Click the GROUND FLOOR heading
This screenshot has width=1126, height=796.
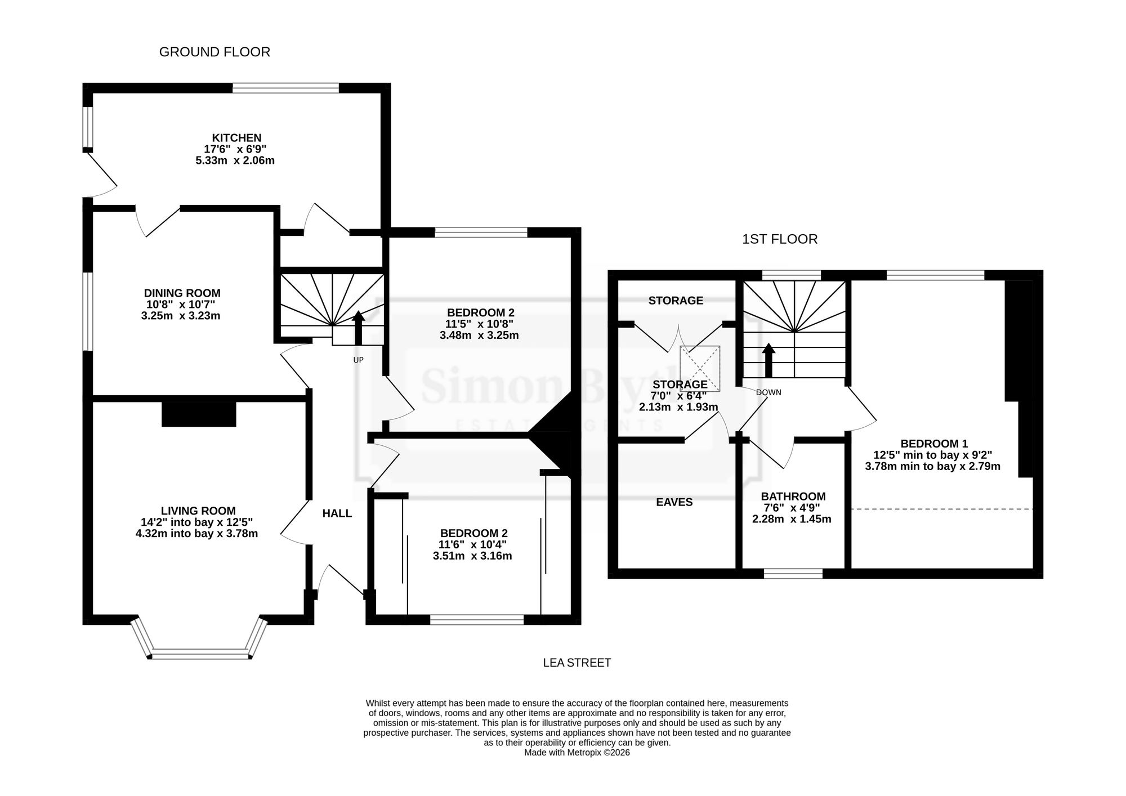(x=215, y=52)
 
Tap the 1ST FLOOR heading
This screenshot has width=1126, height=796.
(x=780, y=239)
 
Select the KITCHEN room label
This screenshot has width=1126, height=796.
(x=236, y=138)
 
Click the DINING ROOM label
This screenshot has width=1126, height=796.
(x=182, y=293)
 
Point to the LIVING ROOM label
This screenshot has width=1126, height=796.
(x=198, y=511)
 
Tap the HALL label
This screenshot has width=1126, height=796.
(x=337, y=513)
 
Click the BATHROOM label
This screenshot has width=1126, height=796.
(x=793, y=497)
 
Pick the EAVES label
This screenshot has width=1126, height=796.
(x=674, y=502)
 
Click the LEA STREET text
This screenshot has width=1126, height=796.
(x=577, y=663)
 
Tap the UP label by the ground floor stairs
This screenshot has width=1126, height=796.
(x=358, y=360)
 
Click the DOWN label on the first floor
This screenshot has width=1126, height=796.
(x=768, y=392)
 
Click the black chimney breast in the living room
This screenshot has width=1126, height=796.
(x=199, y=414)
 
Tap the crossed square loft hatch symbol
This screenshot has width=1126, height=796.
(x=700, y=368)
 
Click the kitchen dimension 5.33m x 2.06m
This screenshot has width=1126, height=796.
(x=235, y=160)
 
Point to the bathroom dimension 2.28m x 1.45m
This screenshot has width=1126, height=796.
(x=792, y=519)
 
